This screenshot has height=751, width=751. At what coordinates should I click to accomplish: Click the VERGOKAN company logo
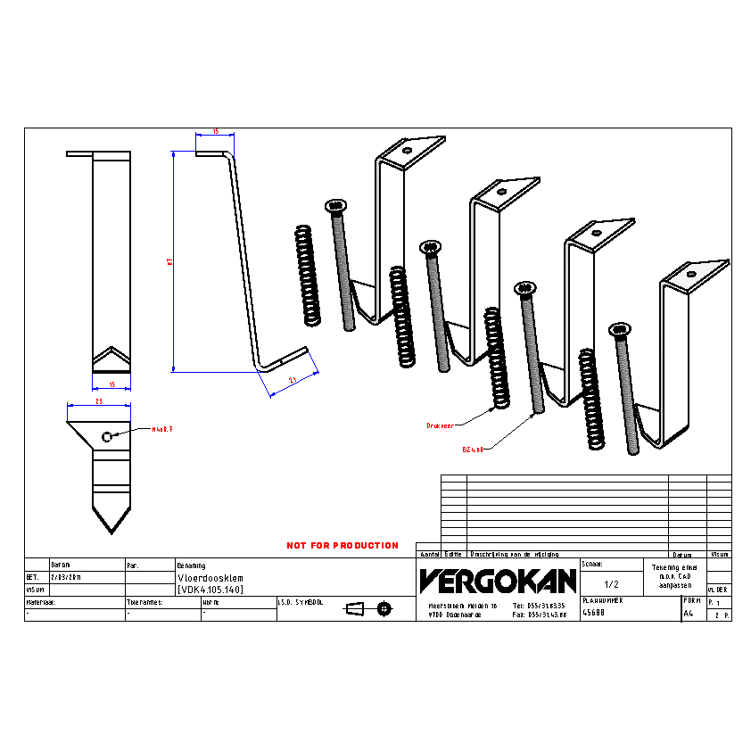498,581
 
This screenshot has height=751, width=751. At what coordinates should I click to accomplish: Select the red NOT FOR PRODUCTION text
342,545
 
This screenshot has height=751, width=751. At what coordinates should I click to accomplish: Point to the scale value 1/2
612,584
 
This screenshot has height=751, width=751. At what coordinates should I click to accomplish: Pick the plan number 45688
593,613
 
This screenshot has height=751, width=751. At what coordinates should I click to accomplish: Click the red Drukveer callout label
442,426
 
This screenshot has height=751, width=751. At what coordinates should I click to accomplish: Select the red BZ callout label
472,450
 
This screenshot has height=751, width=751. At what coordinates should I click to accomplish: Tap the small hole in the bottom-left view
107,436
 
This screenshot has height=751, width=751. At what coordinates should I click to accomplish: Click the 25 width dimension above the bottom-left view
99,402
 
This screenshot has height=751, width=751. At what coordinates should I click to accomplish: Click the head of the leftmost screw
336,205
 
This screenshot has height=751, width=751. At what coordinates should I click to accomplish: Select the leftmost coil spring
306,275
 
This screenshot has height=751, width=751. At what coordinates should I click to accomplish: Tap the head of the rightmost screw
620,330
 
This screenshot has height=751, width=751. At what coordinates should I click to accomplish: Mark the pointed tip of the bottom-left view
111,532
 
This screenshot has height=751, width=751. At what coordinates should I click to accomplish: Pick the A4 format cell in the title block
688,614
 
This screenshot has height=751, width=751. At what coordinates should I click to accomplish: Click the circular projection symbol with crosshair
384,608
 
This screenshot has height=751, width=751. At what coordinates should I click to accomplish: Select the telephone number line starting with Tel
541,605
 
